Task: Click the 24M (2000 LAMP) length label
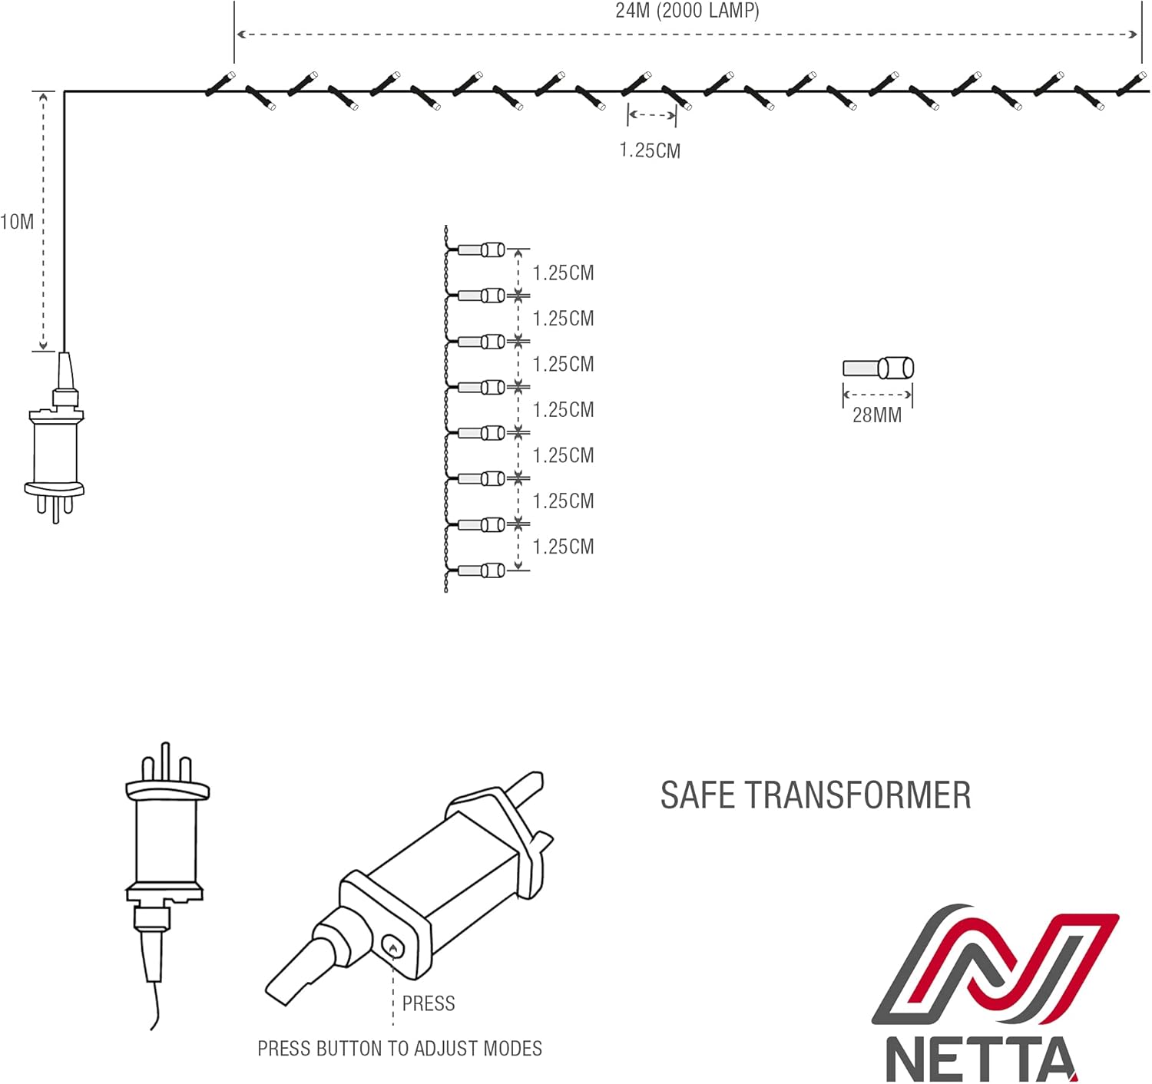click(687, 11)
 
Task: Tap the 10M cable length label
click(17, 222)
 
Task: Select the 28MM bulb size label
click(876, 415)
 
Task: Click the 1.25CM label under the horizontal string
click(650, 150)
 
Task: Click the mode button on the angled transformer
click(393, 947)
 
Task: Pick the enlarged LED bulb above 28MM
click(879, 368)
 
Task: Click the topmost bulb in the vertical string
click(482, 250)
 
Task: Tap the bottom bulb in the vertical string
click(482, 570)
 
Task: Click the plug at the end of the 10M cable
click(55, 438)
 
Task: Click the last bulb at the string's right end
click(1132, 83)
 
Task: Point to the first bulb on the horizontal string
click(221, 84)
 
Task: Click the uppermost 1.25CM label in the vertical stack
click(563, 273)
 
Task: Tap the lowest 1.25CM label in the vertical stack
click(563, 547)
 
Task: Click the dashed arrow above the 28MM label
click(878, 395)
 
